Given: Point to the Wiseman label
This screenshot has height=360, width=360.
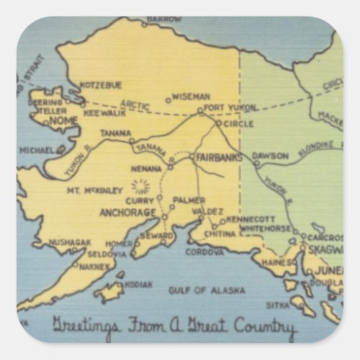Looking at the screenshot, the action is pyautogui.click(x=190, y=97).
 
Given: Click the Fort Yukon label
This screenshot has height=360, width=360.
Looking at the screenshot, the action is pyautogui.click(x=232, y=107).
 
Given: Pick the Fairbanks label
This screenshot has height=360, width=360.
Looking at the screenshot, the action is pyautogui.click(x=220, y=157).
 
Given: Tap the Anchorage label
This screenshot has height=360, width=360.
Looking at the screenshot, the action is pyautogui.click(x=128, y=213).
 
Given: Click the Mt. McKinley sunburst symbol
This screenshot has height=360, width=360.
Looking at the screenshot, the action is pyautogui.click(x=141, y=185).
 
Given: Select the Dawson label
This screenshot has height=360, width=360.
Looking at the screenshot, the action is pyautogui.click(x=274, y=156).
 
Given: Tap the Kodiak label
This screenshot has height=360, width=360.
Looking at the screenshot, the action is pyautogui.click(x=139, y=285).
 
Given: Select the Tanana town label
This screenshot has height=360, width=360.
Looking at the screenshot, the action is pyautogui.click(x=116, y=134).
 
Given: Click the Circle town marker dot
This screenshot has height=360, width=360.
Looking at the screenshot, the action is pyautogui.click(x=218, y=124).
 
